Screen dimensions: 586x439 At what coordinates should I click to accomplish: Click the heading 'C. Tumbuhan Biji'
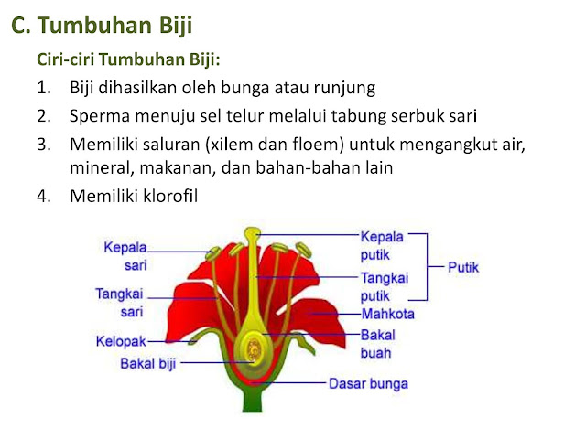(x=102, y=26)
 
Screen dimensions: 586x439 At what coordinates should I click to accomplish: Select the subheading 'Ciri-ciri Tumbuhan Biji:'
(x=128, y=59)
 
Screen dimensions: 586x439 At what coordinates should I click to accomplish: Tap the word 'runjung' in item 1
(x=344, y=88)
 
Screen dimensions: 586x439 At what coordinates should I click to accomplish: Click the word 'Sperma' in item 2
(x=100, y=116)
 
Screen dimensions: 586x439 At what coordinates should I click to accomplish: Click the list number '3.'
(x=44, y=145)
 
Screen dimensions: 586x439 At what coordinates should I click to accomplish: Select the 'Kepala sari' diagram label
(x=125, y=256)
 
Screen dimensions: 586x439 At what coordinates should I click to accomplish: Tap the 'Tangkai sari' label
(x=120, y=303)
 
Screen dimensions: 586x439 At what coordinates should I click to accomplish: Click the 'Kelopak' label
(x=121, y=341)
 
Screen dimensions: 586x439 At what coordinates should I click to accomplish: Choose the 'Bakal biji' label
(x=148, y=363)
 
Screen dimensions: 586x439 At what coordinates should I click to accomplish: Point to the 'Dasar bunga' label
(x=368, y=384)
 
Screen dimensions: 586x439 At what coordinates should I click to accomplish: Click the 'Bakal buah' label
(x=377, y=344)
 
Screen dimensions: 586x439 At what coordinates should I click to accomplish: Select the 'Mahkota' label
(x=388, y=314)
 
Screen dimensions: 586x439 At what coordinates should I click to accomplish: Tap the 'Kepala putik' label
(x=382, y=246)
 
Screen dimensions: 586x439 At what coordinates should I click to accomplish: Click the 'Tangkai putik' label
(x=385, y=287)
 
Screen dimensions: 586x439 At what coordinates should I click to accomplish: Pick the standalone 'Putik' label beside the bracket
(x=463, y=267)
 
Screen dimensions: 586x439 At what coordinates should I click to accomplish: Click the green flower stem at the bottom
(x=253, y=401)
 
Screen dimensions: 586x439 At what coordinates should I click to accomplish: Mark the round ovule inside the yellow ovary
(x=255, y=348)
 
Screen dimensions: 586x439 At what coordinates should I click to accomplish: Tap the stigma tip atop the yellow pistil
(x=253, y=233)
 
